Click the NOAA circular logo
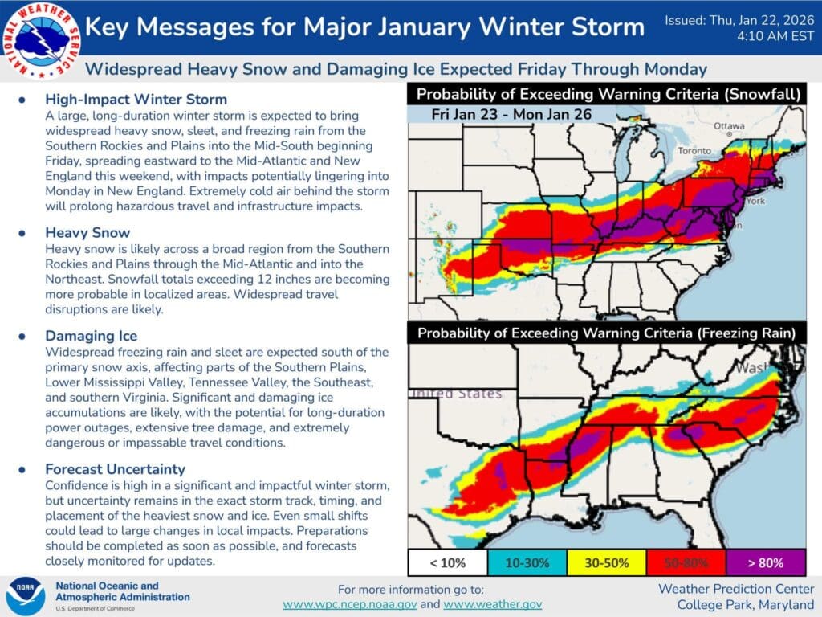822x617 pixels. pos(26,596)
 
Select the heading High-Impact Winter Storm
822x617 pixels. pos(136,100)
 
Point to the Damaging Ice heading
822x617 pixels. pos(91,336)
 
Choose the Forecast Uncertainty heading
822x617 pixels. pos(115,468)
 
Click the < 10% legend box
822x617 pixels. pos(447,562)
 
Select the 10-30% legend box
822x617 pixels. pos(527,562)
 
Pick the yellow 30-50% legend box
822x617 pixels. pos(607,562)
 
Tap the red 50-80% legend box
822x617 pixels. pos(686,562)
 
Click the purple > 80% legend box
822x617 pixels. pos(765,562)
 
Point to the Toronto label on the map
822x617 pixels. pos(694,151)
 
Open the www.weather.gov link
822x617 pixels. pos(492,604)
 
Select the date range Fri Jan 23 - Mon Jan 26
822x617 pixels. pos(511,114)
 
